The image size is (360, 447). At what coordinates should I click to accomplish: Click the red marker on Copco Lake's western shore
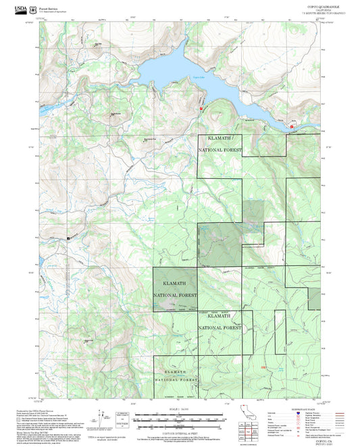201,108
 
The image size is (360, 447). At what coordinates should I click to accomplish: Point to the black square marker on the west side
68,238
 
